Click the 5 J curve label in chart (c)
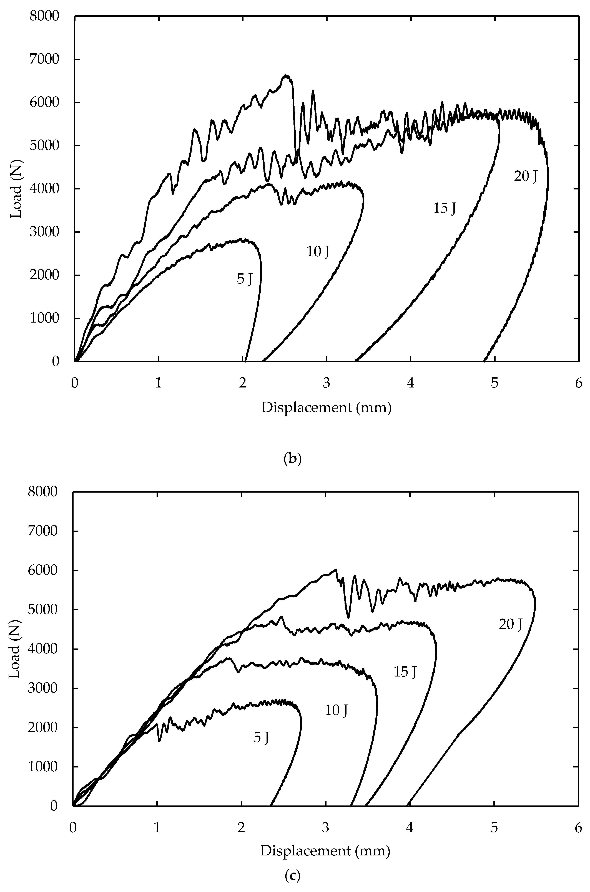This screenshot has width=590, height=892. (261, 738)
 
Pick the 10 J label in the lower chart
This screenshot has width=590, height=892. (336, 710)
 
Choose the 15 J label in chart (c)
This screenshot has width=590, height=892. (405, 672)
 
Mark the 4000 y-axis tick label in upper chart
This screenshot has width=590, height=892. (44, 189)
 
